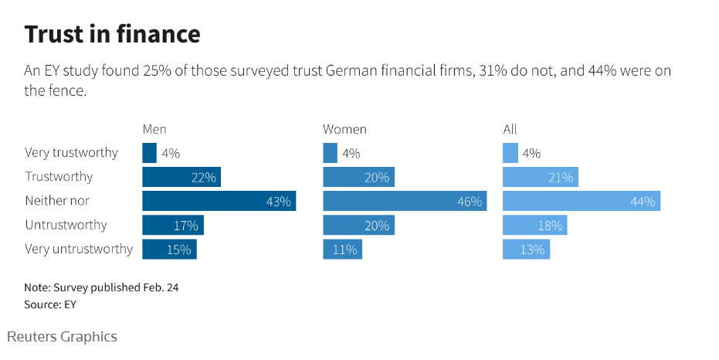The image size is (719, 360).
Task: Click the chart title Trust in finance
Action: (113, 34)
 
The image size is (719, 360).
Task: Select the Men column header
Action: (154, 129)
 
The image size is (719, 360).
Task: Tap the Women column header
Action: (344, 129)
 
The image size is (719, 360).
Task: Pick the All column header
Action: (510, 129)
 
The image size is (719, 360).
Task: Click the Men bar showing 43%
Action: (219, 201)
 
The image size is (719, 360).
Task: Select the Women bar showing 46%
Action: (404, 201)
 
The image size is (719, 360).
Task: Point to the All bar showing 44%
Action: (581, 201)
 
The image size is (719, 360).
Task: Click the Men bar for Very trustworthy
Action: (149, 153)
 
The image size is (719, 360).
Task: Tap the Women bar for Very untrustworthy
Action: (342, 250)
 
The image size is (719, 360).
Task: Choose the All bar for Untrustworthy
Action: (534, 226)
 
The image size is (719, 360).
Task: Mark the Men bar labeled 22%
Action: (181, 177)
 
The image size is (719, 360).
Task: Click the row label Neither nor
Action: (57, 201)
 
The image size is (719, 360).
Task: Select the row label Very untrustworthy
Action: (79, 250)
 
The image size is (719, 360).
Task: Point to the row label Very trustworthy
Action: (71, 153)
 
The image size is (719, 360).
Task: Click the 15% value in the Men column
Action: (180, 250)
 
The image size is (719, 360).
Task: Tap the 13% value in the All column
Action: (533, 250)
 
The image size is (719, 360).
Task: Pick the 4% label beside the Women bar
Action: (351, 153)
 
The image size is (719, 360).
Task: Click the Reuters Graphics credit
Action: (63, 337)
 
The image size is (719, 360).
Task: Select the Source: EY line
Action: (50, 304)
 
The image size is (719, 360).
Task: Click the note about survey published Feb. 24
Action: (101, 287)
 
